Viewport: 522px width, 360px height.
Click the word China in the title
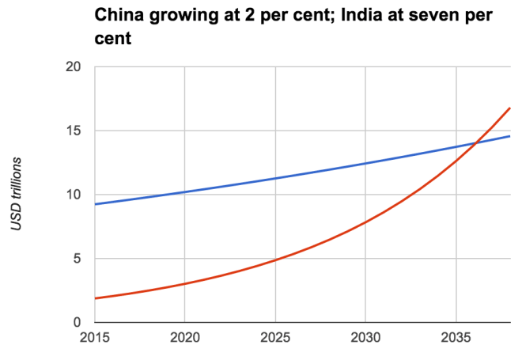tap(119, 15)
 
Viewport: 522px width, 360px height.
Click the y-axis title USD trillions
tap(16, 194)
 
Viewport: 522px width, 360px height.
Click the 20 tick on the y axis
tap(74, 67)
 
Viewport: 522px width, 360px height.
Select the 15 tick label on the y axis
tap(74, 131)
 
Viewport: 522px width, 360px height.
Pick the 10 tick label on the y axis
tap(74, 195)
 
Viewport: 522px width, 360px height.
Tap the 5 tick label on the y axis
tap(78, 259)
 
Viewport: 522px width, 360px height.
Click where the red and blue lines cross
tap(475, 142)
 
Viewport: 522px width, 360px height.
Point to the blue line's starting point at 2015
tap(95, 204)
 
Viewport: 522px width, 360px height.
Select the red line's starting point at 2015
tap(95, 298)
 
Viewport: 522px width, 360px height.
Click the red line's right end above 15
tap(509, 108)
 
